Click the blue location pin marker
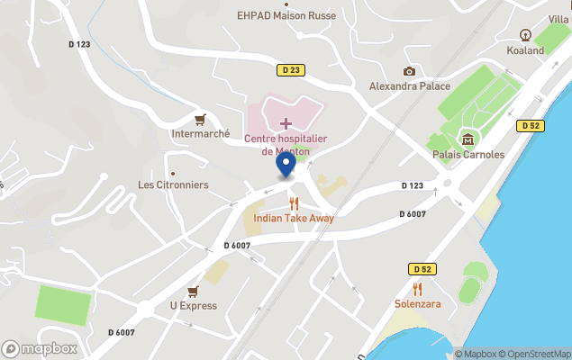coord(286,165)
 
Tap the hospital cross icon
coord(286,122)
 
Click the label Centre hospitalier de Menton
coord(286,145)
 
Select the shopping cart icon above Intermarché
coord(200,119)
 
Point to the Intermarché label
coord(201,134)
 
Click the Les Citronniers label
coord(173,184)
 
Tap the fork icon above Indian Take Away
coord(294,203)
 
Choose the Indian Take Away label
coord(294,218)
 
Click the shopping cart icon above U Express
coord(193,291)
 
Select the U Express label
coord(193,305)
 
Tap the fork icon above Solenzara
coord(417,289)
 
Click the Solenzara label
coord(417,304)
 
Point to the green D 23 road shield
coord(290,69)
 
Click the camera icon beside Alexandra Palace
coord(410,71)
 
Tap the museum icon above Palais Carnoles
coord(468,139)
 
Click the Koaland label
coord(525,50)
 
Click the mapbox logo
coord(39,348)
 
